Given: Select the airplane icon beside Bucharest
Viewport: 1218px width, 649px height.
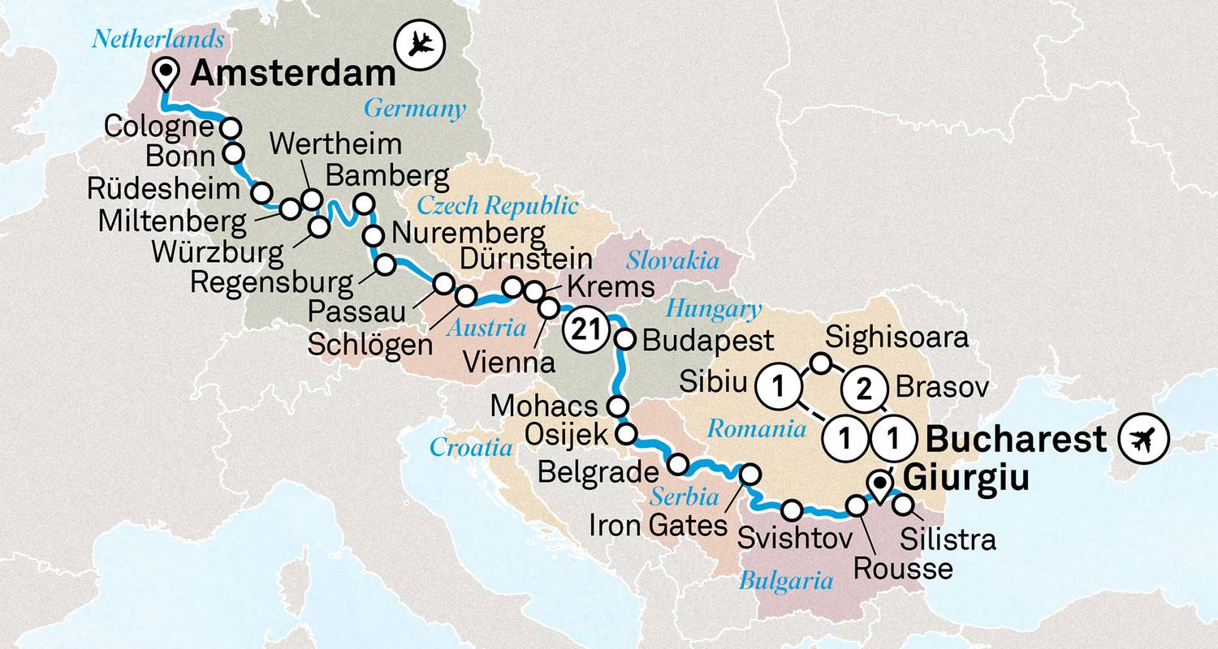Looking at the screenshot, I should [1142, 441].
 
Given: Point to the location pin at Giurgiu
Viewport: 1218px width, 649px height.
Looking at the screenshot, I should [879, 485].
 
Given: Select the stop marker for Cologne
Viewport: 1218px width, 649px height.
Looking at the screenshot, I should [232, 127].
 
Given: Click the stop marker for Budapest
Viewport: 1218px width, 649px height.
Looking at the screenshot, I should [624, 340].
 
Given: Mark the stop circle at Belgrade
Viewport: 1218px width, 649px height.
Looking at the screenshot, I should [679, 465].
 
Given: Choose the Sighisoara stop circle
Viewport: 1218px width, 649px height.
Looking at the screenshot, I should [822, 363].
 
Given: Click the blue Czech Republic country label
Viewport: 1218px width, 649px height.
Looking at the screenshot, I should [498, 204].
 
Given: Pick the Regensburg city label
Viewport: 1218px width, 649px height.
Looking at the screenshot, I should [271, 283].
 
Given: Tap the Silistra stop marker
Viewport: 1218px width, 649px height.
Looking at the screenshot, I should [902, 505].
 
